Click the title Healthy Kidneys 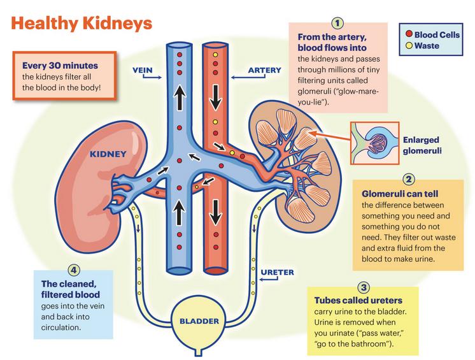coord(82,23)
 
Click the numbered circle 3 coord(364,287)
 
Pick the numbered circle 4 coord(75,269)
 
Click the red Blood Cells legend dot coord(408,33)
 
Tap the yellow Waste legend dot coord(408,46)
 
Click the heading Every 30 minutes coord(60,65)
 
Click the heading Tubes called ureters coord(358,300)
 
